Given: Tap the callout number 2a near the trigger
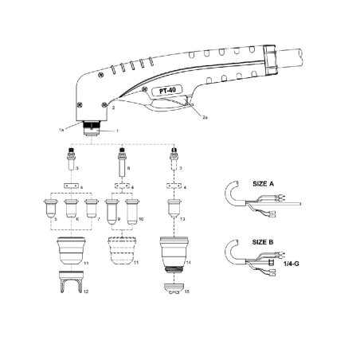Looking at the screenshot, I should pyautogui.click(x=204, y=117).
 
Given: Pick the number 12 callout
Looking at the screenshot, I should pyautogui.click(x=84, y=293).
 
